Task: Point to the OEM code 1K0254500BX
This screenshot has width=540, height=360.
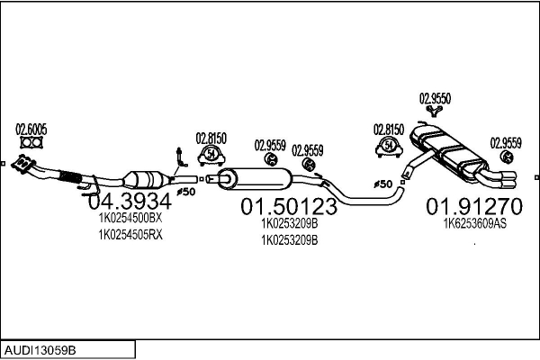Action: tap(130, 218)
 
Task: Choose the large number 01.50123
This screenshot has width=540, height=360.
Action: tap(288, 208)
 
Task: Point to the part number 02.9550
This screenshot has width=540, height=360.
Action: tap(435, 98)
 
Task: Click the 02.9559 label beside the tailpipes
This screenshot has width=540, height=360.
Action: tap(505, 142)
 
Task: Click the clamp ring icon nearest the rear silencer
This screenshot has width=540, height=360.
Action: tap(389, 146)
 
